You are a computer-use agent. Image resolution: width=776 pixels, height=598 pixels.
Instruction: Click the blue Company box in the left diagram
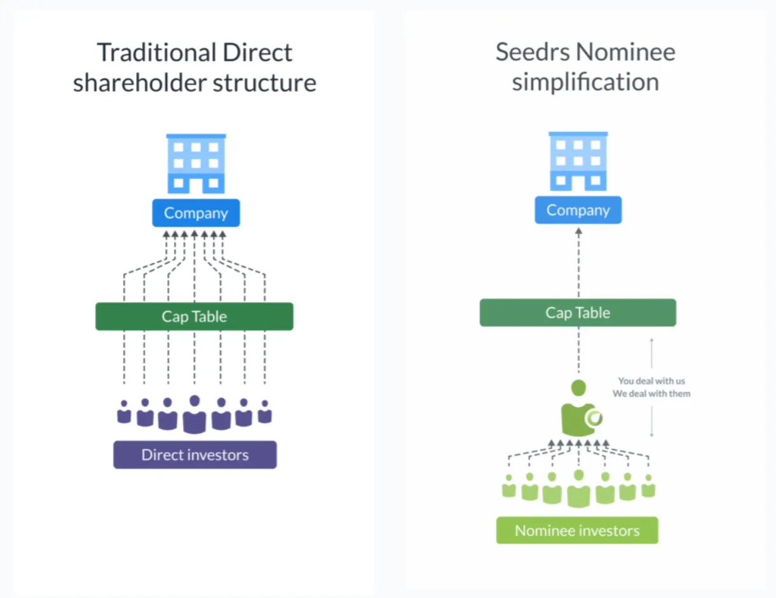196,213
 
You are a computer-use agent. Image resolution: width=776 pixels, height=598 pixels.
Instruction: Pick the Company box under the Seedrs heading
578,210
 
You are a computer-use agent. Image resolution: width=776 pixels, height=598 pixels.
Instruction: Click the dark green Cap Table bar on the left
194,317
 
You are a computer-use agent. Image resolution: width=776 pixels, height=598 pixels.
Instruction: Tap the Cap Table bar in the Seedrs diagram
578,313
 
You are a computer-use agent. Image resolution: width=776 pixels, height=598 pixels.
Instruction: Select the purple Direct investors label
195,455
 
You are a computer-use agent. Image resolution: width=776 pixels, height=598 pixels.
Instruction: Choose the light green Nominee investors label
577,531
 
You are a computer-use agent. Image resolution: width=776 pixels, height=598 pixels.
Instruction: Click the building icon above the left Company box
196,164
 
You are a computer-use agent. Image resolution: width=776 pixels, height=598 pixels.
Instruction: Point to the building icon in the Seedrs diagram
578,161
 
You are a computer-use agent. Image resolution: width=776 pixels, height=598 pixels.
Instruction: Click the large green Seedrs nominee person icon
578,409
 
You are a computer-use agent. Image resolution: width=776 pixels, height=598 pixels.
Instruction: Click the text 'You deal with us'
651,382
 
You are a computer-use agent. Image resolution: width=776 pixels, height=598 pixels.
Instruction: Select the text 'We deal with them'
651,394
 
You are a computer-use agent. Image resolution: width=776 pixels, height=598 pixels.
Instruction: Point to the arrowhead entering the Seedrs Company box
578,232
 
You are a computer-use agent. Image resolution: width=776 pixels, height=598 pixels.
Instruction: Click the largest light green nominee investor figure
578,489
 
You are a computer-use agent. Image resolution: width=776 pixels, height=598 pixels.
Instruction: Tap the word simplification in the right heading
585,83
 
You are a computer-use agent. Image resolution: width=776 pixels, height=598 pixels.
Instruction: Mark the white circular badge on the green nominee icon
596,418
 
